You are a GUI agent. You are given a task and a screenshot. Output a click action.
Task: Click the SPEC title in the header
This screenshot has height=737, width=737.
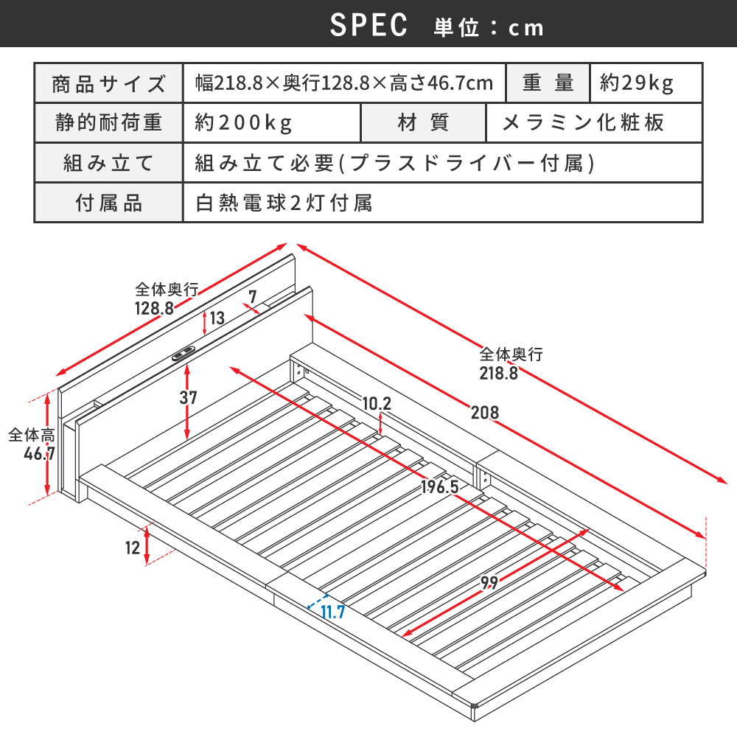pyautogui.click(x=368, y=25)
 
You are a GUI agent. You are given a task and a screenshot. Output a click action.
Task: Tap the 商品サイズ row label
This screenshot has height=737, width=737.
pyautogui.click(x=108, y=84)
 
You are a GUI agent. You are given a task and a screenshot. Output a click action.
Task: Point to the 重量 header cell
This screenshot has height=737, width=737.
pyautogui.click(x=548, y=83)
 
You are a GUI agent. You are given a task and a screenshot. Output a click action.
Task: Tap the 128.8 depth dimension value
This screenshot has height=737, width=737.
pyautogui.click(x=154, y=308)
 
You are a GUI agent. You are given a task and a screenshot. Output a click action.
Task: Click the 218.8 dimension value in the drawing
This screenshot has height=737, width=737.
pyautogui.click(x=499, y=373)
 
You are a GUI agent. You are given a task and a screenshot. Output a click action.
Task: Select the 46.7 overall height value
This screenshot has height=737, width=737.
pyautogui.click(x=40, y=453)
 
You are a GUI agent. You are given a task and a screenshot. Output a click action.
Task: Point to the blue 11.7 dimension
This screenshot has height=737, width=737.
pyautogui.click(x=333, y=612)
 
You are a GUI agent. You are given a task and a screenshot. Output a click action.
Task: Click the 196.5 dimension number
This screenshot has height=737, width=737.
pyautogui.click(x=439, y=486)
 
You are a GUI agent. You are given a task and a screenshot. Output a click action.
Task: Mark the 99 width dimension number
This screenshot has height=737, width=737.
pyautogui.click(x=489, y=583)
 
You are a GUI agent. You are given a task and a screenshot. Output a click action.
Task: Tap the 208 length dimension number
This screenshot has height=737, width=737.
pyautogui.click(x=485, y=413)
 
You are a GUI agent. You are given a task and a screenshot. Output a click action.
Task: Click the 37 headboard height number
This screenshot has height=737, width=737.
pyautogui.click(x=188, y=398)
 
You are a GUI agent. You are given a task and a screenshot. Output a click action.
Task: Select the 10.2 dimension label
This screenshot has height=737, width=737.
pyautogui.click(x=377, y=403)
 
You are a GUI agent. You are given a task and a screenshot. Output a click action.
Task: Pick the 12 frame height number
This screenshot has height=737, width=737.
pyautogui.click(x=133, y=548)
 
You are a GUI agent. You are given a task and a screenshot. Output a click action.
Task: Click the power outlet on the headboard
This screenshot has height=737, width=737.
pyautogui.click(x=184, y=354)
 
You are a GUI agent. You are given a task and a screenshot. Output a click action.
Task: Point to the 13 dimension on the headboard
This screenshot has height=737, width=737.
pyautogui.click(x=217, y=318)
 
